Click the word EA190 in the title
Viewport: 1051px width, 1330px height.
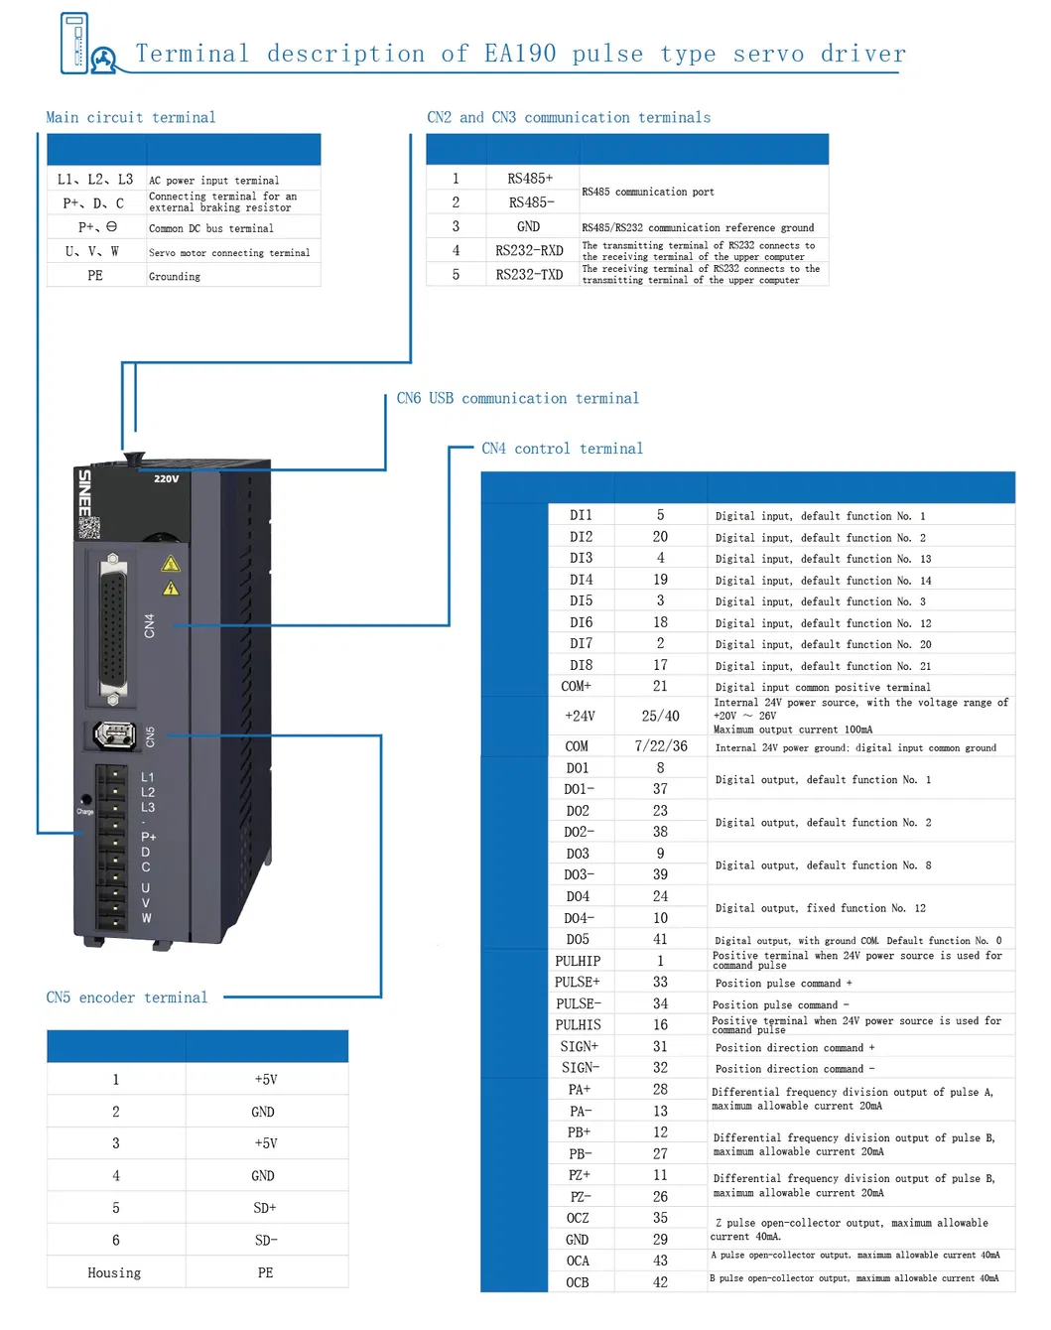point(520,54)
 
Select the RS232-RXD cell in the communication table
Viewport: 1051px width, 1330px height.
point(529,251)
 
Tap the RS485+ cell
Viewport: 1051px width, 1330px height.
point(530,179)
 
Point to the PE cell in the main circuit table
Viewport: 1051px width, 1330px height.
point(95,276)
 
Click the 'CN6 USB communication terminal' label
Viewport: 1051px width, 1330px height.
point(517,398)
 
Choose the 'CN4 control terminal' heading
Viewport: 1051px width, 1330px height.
point(562,449)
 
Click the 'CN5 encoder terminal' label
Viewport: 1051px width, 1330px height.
point(127,997)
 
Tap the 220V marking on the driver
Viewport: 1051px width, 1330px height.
point(167,478)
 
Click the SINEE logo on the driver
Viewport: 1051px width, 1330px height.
point(84,492)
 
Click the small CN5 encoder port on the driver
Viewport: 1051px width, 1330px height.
point(113,734)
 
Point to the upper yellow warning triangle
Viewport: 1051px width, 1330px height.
point(171,565)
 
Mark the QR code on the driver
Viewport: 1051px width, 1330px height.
point(89,527)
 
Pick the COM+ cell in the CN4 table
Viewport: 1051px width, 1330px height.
point(577,687)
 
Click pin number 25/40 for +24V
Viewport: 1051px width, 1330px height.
point(660,716)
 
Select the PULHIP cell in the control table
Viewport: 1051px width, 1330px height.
point(578,961)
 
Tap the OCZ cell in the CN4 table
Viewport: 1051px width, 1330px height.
point(578,1218)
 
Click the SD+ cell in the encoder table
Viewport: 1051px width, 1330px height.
point(265,1208)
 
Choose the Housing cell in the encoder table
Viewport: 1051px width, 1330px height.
point(114,1272)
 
